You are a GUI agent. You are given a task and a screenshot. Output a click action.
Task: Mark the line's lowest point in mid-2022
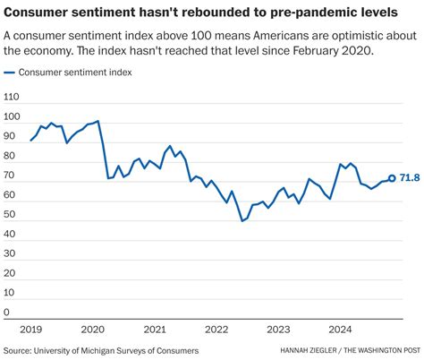point(242,220)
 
